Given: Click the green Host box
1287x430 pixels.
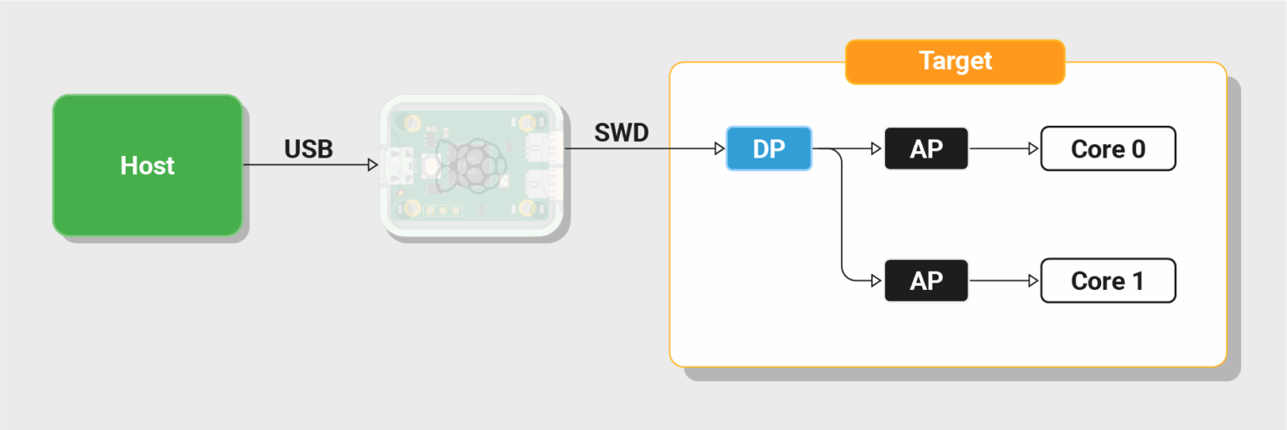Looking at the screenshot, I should point(147,165).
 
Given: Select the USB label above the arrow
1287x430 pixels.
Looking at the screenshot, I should point(308,149).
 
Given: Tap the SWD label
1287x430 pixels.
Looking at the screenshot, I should point(621,132).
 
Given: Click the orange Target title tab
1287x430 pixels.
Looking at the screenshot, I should point(954,61).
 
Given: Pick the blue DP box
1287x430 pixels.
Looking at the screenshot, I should point(768,148).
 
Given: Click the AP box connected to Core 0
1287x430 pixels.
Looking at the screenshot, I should point(926,148).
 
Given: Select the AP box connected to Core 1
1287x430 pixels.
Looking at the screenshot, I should point(926,281).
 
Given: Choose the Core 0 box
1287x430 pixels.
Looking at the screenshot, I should point(1108,148).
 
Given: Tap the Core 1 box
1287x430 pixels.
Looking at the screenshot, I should point(1108,281).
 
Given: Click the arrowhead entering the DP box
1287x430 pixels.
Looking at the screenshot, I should point(719,149).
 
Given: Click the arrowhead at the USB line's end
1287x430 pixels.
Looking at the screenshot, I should point(373,165).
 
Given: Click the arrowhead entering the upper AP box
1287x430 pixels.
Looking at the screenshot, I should point(876,149).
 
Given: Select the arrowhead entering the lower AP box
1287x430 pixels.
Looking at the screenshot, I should point(876,281).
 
